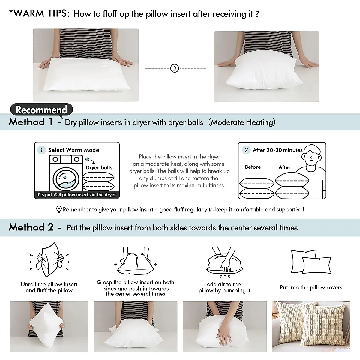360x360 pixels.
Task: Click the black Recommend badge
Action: pos(41,109)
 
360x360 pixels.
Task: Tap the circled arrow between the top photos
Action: pos(175,68)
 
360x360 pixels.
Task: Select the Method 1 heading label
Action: pos(31,122)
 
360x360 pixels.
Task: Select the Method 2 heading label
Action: pos(31,227)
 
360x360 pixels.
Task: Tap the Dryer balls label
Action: pos(99,168)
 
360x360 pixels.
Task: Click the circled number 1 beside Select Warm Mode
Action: pos(41,150)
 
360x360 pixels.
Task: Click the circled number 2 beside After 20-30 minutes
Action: pos(246,150)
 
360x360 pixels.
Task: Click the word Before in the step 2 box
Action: pos(253,167)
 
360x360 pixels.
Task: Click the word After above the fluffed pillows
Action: pos(284,167)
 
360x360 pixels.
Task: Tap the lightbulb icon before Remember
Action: pos(59,209)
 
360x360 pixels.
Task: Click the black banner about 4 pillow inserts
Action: pos(77,195)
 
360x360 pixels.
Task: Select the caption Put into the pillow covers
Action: pos(311,287)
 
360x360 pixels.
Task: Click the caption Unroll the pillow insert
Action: pos(49,284)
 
